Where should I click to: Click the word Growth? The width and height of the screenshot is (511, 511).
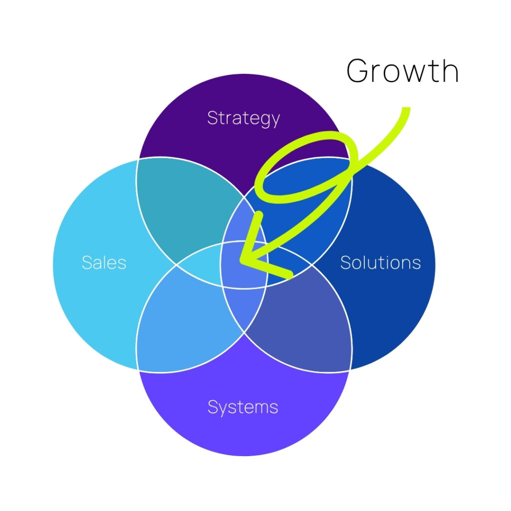click(402, 70)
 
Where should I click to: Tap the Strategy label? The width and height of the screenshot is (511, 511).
click(243, 118)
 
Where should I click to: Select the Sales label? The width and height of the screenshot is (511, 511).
click(104, 262)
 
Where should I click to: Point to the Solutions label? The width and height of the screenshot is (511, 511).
click(380, 262)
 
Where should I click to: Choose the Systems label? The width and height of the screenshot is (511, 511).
click(243, 407)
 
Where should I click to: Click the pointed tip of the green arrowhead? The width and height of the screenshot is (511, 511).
click(241, 260)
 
